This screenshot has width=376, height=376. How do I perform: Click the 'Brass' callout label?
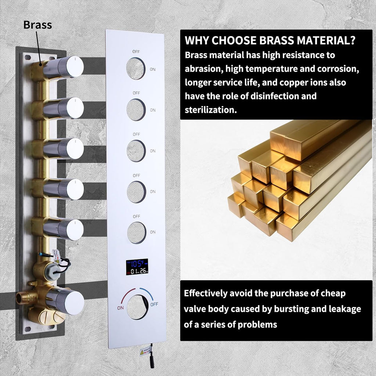tap(38, 25)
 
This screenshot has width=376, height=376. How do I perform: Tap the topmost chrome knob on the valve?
tap(64, 68)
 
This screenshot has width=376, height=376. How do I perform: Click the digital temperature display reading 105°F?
tap(137, 267)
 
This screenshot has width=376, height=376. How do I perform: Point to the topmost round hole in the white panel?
tap(136, 69)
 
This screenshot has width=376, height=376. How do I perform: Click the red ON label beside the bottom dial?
tap(120, 308)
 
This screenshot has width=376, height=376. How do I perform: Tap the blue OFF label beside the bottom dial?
tap(154, 304)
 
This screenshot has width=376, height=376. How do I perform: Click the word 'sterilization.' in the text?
tap(211, 110)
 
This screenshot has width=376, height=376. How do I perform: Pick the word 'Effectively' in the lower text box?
tap(206, 293)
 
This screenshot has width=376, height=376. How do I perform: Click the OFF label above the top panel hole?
tap(136, 51)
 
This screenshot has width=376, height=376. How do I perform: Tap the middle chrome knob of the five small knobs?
tap(64, 149)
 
